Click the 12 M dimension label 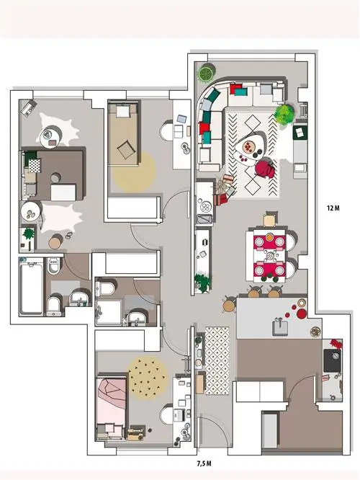(x=333, y=208)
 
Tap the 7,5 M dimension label (x=204, y=463)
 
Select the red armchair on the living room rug (x=265, y=168)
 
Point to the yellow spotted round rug (x=148, y=377)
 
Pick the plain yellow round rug (x=134, y=172)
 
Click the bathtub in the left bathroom (x=31, y=288)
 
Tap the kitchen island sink (x=280, y=326)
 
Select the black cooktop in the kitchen (x=332, y=360)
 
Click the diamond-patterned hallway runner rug (x=217, y=360)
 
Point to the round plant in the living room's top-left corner (x=205, y=73)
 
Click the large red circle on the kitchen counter (x=302, y=314)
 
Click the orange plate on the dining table (x=269, y=236)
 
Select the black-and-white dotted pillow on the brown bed (x=35, y=166)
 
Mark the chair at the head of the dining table (x=270, y=219)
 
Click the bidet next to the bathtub (x=53, y=265)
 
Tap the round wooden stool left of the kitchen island (x=229, y=305)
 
